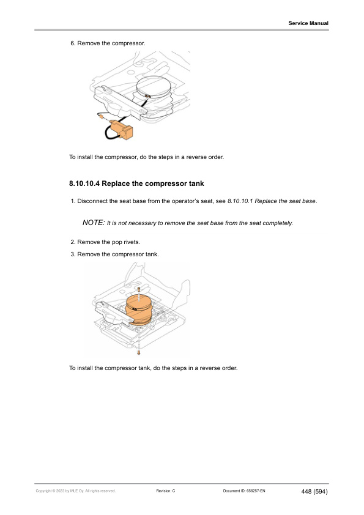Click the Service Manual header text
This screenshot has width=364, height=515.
[x=308, y=23]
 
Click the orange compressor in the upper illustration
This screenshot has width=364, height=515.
[x=121, y=129]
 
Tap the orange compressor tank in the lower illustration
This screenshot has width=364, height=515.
[x=139, y=309]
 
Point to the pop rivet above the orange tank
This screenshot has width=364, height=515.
[x=139, y=289]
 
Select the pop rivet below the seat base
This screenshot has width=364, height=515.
[x=139, y=353]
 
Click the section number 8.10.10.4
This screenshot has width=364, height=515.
[x=84, y=183]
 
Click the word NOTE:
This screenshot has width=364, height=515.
[x=94, y=223]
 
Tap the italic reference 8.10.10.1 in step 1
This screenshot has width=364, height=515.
[x=240, y=201]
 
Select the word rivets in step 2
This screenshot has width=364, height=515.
[x=132, y=242]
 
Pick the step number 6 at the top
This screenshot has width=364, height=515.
[x=73, y=43]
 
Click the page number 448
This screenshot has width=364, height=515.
[x=306, y=491]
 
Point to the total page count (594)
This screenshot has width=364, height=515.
[x=321, y=491]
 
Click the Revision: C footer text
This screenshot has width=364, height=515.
[x=166, y=491]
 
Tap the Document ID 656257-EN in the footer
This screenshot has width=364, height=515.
[x=244, y=491]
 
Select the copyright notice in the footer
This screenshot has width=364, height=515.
[x=76, y=491]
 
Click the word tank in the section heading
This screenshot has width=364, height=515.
[x=196, y=183]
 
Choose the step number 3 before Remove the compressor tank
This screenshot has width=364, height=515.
[x=73, y=254]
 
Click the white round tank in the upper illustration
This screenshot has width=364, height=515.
[x=154, y=87]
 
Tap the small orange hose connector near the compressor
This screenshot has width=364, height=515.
[x=101, y=116]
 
